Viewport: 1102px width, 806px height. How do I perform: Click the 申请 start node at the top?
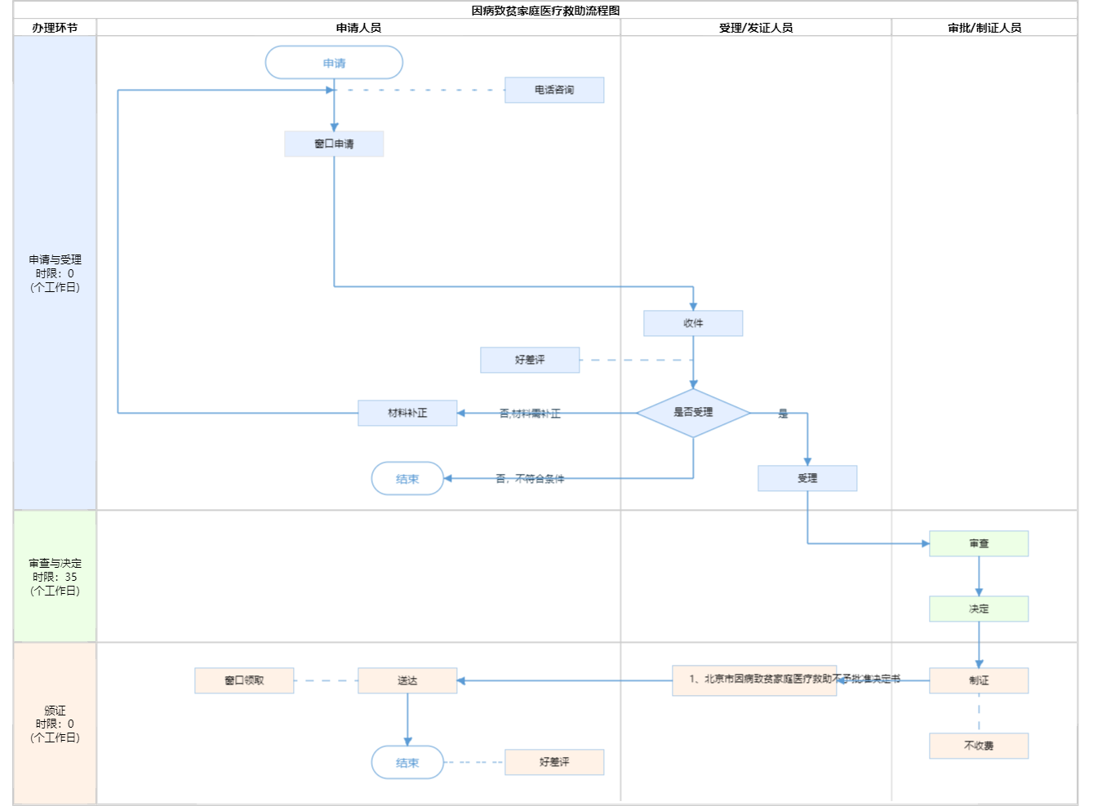point(334,63)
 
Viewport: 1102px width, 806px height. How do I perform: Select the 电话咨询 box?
point(554,90)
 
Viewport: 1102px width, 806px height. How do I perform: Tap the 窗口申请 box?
point(334,144)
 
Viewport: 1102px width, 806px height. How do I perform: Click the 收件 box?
point(693,323)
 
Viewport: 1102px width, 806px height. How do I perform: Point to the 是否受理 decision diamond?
point(693,413)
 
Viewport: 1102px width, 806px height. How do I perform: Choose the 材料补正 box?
point(407,413)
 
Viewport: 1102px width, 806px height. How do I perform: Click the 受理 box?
point(807,478)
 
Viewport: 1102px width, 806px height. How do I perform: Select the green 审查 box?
point(979,543)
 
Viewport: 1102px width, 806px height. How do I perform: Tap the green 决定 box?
point(979,609)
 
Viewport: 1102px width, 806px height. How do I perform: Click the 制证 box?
point(979,680)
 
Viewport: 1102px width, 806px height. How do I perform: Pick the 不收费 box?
point(979,746)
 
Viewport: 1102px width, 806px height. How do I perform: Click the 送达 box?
point(407,680)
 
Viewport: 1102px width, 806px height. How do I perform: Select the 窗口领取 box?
point(244,680)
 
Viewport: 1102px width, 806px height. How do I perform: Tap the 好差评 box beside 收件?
point(530,360)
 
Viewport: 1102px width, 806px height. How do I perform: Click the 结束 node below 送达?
point(407,763)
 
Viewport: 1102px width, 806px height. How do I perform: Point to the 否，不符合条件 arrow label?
point(530,479)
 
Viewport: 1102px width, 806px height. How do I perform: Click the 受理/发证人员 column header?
point(756,28)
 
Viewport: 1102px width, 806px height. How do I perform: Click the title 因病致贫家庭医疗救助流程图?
point(545,11)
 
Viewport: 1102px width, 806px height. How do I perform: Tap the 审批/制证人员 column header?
point(984,28)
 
